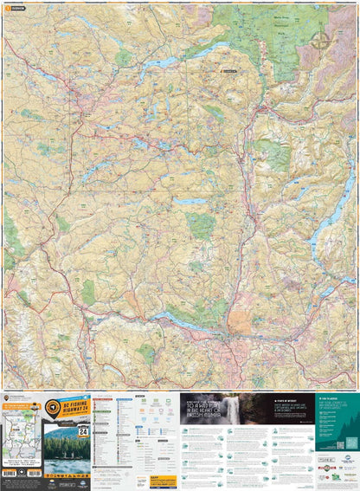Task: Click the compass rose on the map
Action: (x=321, y=38)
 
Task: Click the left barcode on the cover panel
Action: (x=10, y=473)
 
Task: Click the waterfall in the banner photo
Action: (x=233, y=413)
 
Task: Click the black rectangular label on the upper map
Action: (x=228, y=71)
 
